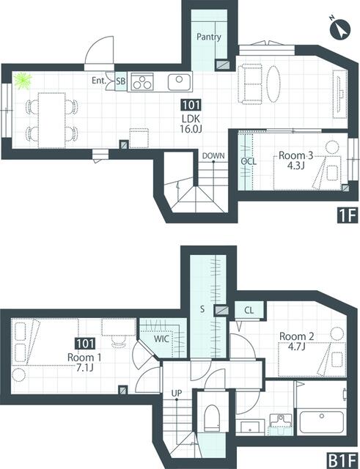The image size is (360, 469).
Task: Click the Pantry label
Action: [x=209, y=37]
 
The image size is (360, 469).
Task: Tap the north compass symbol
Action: [x=339, y=29]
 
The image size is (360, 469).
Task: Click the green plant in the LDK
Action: [x=23, y=81]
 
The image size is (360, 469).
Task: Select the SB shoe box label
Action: [x=121, y=81]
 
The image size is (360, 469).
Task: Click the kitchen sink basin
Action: [x=179, y=82]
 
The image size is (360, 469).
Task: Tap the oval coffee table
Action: [x=273, y=84]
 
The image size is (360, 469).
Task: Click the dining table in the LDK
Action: [x=52, y=120]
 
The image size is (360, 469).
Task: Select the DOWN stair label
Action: [x=213, y=156]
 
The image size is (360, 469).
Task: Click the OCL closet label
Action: [x=249, y=161]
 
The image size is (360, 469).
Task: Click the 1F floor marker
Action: [x=348, y=215]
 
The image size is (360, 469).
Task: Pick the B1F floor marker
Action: [x=342, y=461]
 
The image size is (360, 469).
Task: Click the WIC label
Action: [x=161, y=339]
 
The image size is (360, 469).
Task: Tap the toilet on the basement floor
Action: [x=212, y=418]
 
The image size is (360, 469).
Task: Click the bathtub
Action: [x=322, y=422]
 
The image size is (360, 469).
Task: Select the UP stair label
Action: [x=177, y=393]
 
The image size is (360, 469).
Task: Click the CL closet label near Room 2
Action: [x=249, y=310]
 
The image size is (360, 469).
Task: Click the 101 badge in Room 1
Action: [x=85, y=344]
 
